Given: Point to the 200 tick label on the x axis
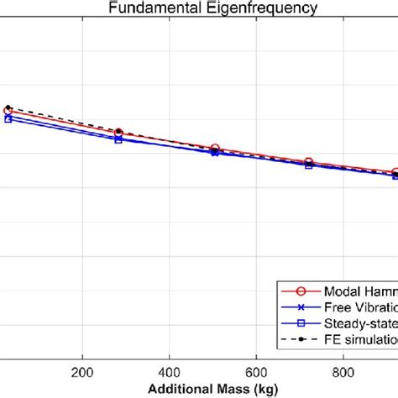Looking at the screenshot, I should [x=81, y=374].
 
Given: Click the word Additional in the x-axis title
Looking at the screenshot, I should [x=178, y=390].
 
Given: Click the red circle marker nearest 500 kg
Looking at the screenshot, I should [x=215, y=149].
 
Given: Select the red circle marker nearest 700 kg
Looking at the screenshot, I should [x=308, y=162].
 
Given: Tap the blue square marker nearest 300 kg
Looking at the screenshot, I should [x=118, y=139].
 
